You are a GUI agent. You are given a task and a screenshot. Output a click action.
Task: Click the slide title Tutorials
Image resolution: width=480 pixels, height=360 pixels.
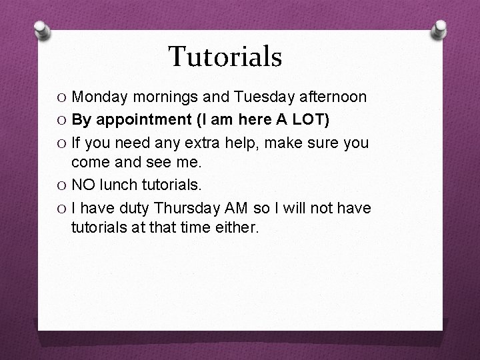coord(225,57)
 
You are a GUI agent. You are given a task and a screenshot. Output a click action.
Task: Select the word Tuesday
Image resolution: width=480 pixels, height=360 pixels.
coord(263,97)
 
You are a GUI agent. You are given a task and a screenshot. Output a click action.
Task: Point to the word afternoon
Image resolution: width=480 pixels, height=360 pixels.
coord(332,97)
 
